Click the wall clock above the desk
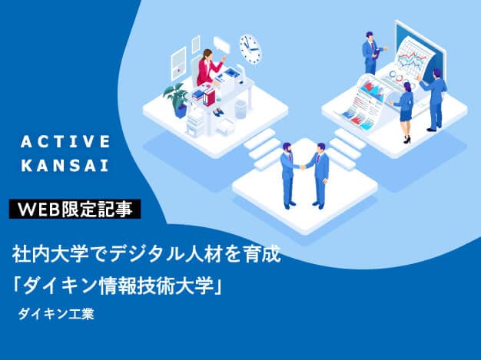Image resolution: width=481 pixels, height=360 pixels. [x=250, y=48]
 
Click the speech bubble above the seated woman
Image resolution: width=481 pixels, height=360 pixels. [x=221, y=45]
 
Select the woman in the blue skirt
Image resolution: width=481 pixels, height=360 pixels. [x=406, y=107]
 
